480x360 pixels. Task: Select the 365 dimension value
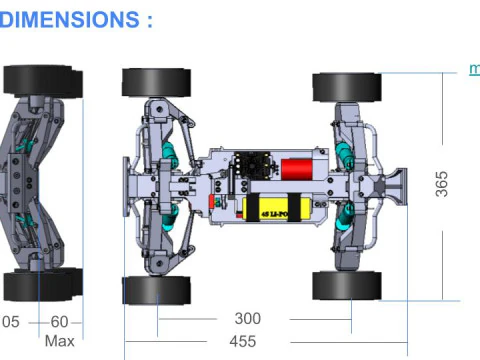click(x=442, y=184)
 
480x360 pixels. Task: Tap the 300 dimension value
click(x=247, y=319)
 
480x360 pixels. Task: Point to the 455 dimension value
click(x=243, y=342)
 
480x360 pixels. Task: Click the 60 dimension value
click(x=60, y=321)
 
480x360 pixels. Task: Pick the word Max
click(x=60, y=342)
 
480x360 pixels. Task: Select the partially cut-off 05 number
click(x=10, y=321)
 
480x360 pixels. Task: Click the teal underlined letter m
click(x=473, y=70)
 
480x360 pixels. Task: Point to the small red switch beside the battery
click(x=212, y=201)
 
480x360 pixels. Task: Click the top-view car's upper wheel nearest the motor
click(x=346, y=87)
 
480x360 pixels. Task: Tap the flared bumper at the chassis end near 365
click(x=400, y=186)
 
